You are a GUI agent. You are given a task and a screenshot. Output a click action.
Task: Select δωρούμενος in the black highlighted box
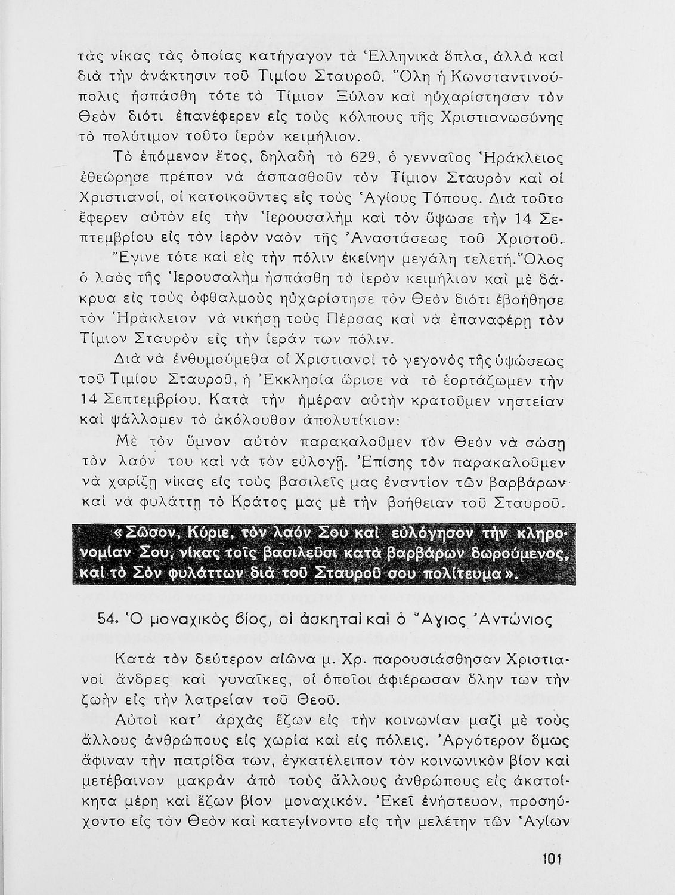tap(517, 553)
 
